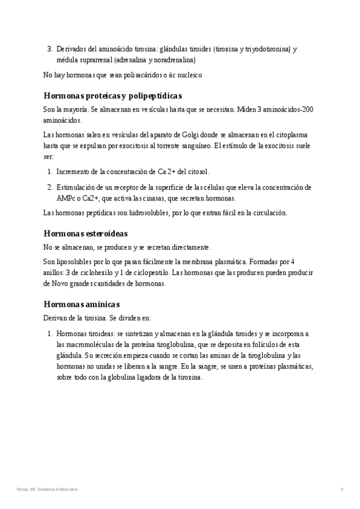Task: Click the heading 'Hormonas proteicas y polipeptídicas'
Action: pyautogui.click(x=113, y=96)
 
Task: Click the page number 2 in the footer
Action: pyautogui.click(x=341, y=490)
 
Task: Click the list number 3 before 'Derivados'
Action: pyautogui.click(x=49, y=49)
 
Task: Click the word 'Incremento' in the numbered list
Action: pyautogui.click(x=74, y=172)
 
